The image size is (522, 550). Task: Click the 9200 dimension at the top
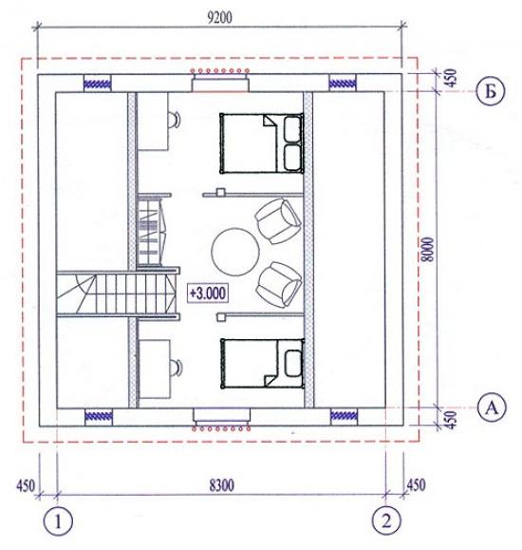pyautogui.click(x=219, y=17)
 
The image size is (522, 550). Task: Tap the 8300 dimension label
pyautogui.click(x=221, y=485)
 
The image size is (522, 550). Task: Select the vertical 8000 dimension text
pyautogui.click(x=428, y=250)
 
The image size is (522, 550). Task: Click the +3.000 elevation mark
pyautogui.click(x=208, y=293)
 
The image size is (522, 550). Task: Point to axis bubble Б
pyautogui.click(x=491, y=92)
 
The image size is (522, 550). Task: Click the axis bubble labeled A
pyautogui.click(x=493, y=408)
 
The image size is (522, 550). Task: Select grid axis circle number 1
pyautogui.click(x=58, y=521)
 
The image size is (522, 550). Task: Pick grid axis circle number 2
pyautogui.click(x=386, y=521)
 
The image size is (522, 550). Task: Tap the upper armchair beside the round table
pyautogui.click(x=278, y=221)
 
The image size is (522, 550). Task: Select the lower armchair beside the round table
pyautogui.click(x=279, y=284)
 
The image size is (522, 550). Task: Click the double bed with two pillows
pyautogui.click(x=262, y=142)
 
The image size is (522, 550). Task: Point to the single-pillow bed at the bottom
pyautogui.click(x=262, y=363)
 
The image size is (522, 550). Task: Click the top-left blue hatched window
pyautogui.click(x=97, y=84)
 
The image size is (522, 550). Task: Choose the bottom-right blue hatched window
pyautogui.click(x=345, y=416)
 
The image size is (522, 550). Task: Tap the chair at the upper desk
pyautogui.click(x=175, y=120)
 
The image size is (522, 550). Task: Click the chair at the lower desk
pyautogui.click(x=175, y=368)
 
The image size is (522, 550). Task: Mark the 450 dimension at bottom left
pyautogui.click(x=26, y=485)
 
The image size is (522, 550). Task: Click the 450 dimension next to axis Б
pyautogui.click(x=452, y=78)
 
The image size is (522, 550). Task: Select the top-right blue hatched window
pyautogui.click(x=343, y=84)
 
